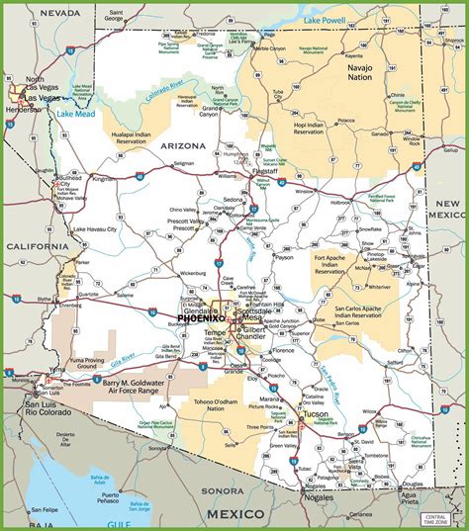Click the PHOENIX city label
(x=201, y=317)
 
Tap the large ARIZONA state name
(x=179, y=145)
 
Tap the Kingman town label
(x=104, y=179)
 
